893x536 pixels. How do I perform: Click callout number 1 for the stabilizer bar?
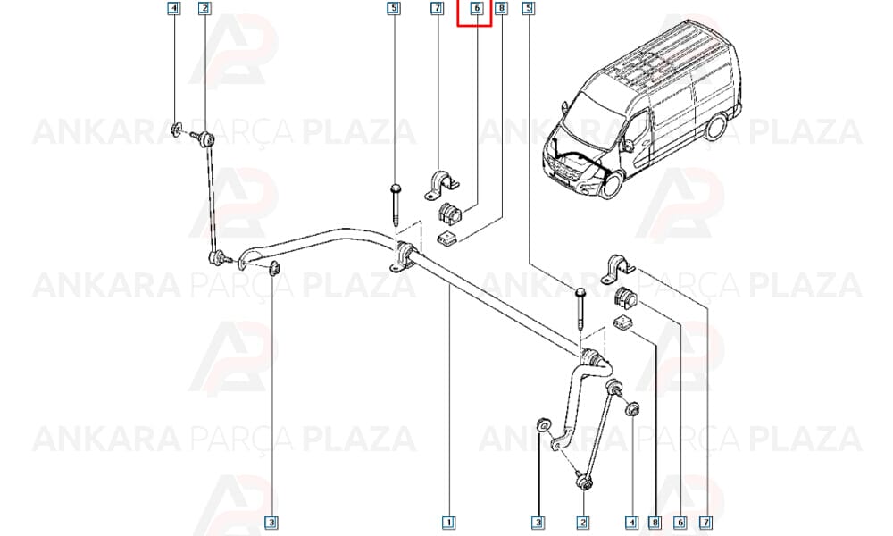tap(449, 522)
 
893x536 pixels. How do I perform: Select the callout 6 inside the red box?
tap(477, 8)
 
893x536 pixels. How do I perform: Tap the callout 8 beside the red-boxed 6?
tap(501, 8)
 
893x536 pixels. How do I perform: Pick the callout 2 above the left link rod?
tap(204, 8)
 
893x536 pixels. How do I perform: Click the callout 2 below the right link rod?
tap(582, 522)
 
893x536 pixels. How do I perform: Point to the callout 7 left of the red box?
tap(437, 8)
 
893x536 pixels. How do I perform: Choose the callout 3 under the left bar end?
tap(271, 522)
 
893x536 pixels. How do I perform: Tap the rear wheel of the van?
tap(715, 127)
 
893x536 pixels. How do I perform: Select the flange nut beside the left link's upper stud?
tap(177, 130)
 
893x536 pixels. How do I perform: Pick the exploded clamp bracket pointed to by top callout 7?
tap(442, 185)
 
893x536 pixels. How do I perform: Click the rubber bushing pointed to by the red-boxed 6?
tap(450, 213)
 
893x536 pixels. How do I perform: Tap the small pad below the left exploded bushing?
tap(447, 239)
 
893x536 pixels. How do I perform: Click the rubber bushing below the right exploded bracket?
tap(626, 297)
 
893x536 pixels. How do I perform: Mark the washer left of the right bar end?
tap(543, 424)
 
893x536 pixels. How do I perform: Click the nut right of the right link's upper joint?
tap(632, 409)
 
